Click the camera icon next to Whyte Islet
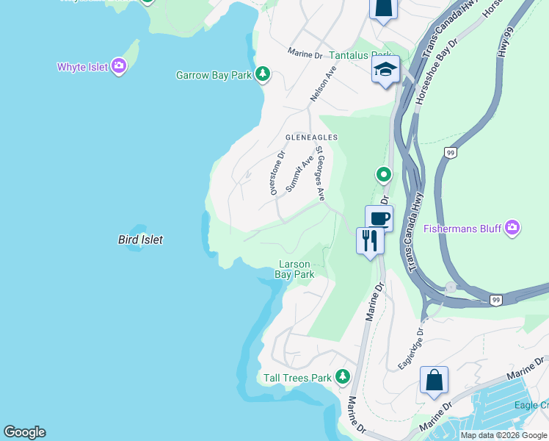point(119,67)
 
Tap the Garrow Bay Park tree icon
point(262,74)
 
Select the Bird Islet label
point(140,240)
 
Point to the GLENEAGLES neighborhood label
point(311,137)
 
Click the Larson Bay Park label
point(294,270)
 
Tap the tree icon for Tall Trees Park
point(342,377)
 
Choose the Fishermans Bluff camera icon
point(512,228)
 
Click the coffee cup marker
point(379,218)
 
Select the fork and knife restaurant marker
point(370,240)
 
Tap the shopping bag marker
point(434,380)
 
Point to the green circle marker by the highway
point(383,174)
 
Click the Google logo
point(24,432)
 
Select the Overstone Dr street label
point(276,173)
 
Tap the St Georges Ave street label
point(320,173)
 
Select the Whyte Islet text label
point(83,67)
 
